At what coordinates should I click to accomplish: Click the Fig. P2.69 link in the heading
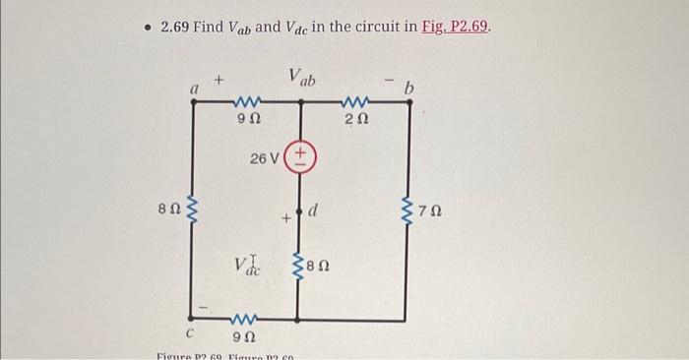coord(455,26)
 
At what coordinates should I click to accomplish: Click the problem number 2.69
coord(179,26)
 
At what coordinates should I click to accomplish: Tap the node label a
coord(195,89)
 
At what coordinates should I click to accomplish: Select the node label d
coord(314,208)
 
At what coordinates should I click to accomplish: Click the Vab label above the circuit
coord(301,77)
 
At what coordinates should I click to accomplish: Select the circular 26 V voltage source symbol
coord(299,157)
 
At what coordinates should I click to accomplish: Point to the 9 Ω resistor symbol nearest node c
coord(246,320)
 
